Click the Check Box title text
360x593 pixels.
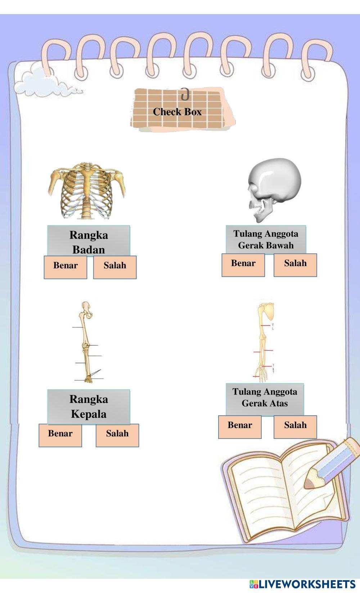[177, 112]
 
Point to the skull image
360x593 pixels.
[274, 189]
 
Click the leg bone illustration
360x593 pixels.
[86, 342]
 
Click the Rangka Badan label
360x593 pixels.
[89, 242]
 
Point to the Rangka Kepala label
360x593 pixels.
[89, 406]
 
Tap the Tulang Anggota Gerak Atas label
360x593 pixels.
[265, 397]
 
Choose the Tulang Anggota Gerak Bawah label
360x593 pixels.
[266, 239]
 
